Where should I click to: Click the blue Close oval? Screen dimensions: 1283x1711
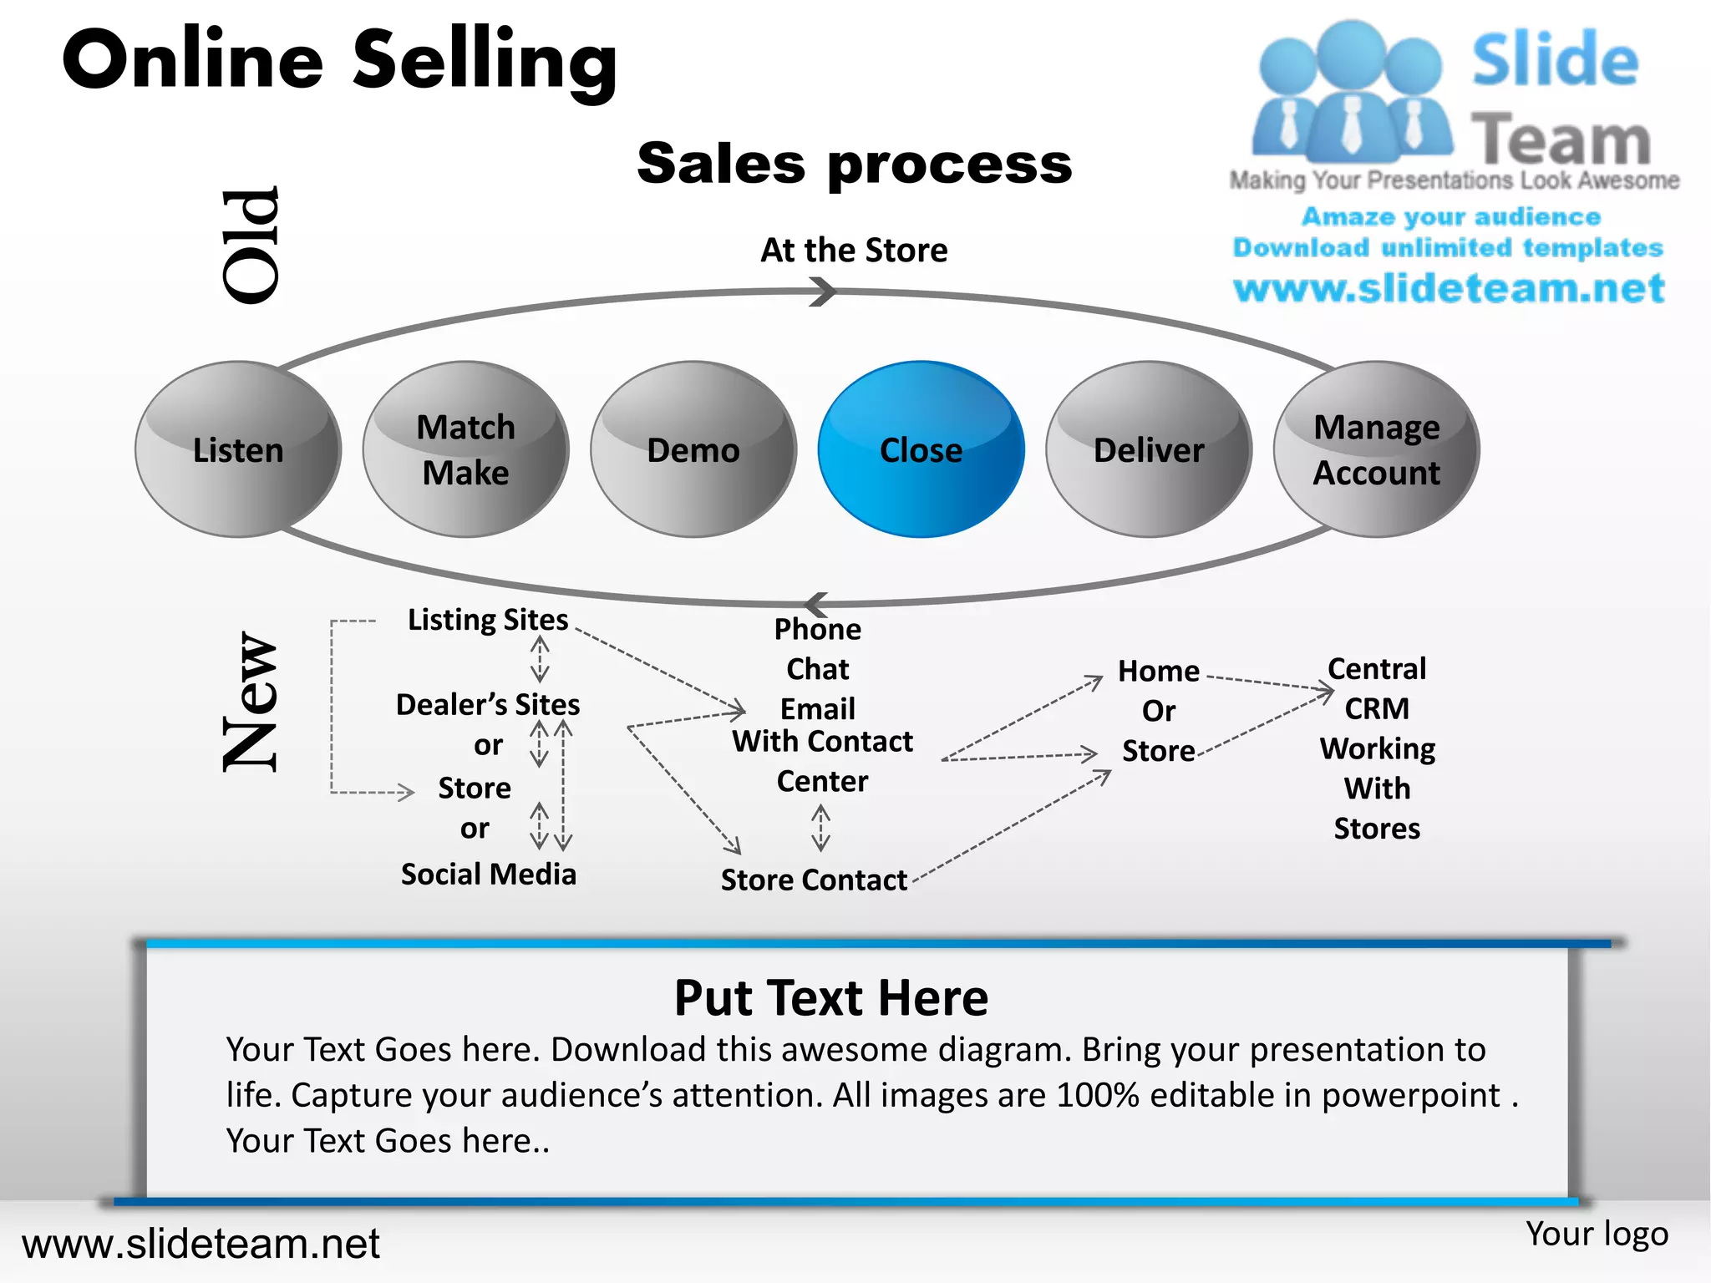[x=921, y=449]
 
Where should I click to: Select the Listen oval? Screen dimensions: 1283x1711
[x=238, y=449]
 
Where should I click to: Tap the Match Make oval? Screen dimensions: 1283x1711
[x=465, y=449]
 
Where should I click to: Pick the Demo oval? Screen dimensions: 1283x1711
[x=693, y=449]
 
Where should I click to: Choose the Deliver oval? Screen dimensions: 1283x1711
[x=1149, y=449]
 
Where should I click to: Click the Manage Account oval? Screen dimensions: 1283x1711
[x=1376, y=449]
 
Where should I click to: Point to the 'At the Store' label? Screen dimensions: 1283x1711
[x=854, y=250]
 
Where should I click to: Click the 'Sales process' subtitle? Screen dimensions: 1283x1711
[x=854, y=163]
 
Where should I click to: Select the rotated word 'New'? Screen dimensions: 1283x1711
[x=251, y=702]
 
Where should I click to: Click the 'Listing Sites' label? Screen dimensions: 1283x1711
[x=488, y=620]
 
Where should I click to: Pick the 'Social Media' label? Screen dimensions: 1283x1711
[x=489, y=874]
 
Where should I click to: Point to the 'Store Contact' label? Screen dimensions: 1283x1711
[x=814, y=880]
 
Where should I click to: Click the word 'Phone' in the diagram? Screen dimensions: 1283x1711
[x=817, y=629]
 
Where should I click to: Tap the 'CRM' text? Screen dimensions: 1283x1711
[x=1377, y=708]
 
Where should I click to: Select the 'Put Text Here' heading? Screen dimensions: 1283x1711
[x=831, y=997]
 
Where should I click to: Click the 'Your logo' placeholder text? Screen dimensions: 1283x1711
[x=1597, y=1234]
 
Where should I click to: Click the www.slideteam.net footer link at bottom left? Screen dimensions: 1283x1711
[x=201, y=1244]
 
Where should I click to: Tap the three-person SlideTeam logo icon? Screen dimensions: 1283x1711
[x=1351, y=92]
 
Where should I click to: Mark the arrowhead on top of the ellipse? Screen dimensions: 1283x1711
[x=824, y=292]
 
